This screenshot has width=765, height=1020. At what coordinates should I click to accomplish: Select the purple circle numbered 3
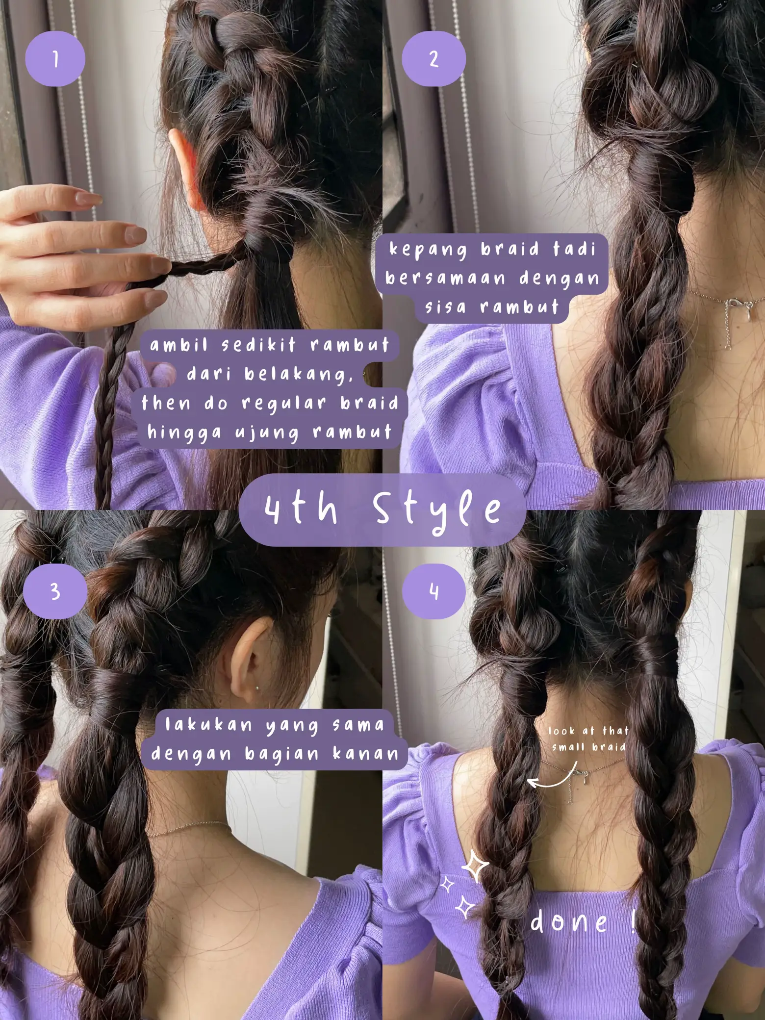(55, 591)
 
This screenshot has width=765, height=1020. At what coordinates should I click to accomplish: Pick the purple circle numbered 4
(433, 591)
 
